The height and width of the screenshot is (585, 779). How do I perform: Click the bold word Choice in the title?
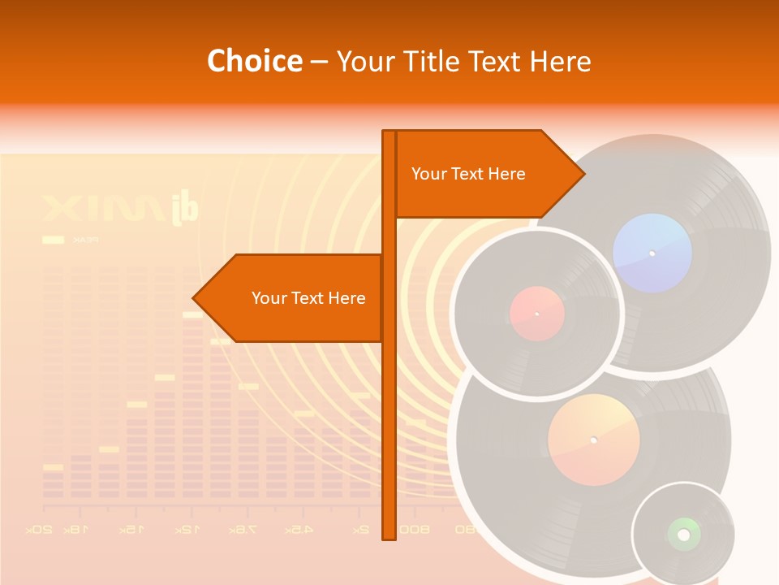(x=254, y=61)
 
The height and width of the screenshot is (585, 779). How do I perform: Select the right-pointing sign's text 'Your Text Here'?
(x=468, y=174)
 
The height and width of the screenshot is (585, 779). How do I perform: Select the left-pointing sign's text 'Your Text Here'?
(x=308, y=298)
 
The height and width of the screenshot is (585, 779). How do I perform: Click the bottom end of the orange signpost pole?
(x=389, y=536)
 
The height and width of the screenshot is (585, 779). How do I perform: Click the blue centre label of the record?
(x=652, y=253)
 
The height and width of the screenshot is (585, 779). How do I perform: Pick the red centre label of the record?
(x=536, y=314)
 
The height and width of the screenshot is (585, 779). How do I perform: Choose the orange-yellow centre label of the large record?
(x=593, y=440)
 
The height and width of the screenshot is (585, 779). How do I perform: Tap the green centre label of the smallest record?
(x=683, y=534)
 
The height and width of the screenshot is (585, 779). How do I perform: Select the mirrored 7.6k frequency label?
(x=240, y=530)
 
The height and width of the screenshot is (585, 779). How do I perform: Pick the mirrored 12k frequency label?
(x=186, y=530)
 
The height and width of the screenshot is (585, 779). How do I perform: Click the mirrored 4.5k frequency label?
(x=299, y=530)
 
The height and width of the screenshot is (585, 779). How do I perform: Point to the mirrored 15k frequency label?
(x=131, y=530)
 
